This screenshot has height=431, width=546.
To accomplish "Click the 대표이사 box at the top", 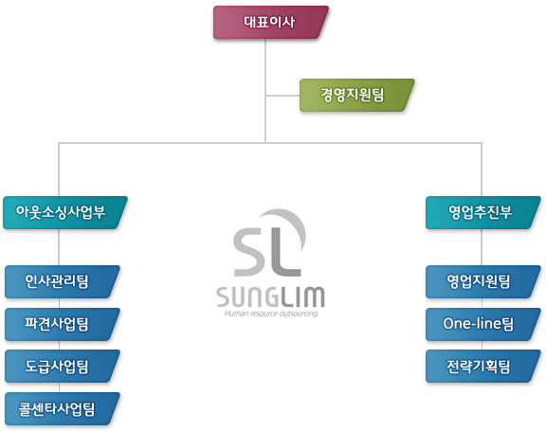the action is coord(270,23).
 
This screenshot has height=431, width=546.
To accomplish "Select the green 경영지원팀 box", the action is coord(357,95).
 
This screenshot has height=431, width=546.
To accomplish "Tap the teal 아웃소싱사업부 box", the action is coord(65,212).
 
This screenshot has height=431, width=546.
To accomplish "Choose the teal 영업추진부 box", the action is coord(483,212).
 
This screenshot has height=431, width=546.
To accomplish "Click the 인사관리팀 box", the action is coord(62,281).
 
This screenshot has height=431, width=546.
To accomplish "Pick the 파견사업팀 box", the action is coord(62,324).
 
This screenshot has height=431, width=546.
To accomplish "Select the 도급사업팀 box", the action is coord(62,367).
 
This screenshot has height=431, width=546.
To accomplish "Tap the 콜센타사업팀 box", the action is coord(62,408).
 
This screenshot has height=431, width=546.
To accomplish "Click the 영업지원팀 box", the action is coord(483,281).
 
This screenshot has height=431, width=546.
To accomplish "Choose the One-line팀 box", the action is coord(483,324).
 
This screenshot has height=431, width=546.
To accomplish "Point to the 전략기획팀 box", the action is coord(483,367).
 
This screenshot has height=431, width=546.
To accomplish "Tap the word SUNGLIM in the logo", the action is coord(270,296).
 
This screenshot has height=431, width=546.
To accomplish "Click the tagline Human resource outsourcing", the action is coord(271,314).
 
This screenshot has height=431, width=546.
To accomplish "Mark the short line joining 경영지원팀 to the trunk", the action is coord(282,96).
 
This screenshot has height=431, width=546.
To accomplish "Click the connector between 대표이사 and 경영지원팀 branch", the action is coord(265,67).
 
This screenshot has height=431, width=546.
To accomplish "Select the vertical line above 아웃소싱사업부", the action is coord(59,170).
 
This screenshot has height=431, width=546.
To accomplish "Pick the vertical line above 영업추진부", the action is coord(482,170).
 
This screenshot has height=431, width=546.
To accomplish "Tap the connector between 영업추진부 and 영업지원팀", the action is coord(482,247).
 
